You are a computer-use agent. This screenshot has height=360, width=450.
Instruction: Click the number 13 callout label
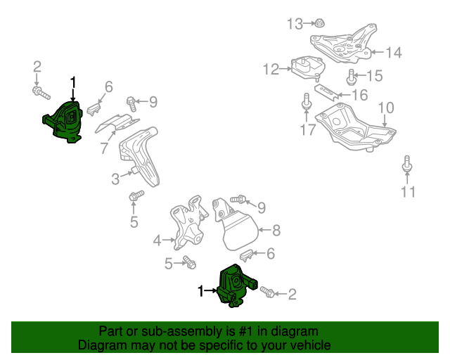point(295,25)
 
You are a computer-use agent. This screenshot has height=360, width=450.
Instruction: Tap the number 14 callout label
point(394,51)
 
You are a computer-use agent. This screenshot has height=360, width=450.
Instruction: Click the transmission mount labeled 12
point(307,68)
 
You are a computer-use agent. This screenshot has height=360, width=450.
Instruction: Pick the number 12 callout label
point(271,69)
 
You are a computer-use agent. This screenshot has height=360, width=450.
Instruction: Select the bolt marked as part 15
point(352,75)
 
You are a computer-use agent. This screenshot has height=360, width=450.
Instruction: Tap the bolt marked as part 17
point(307,103)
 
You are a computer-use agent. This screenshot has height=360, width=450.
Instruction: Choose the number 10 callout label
point(386,108)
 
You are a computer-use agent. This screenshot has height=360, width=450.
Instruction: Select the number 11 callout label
point(409,191)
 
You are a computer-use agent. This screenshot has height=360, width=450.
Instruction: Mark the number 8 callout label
point(276,229)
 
